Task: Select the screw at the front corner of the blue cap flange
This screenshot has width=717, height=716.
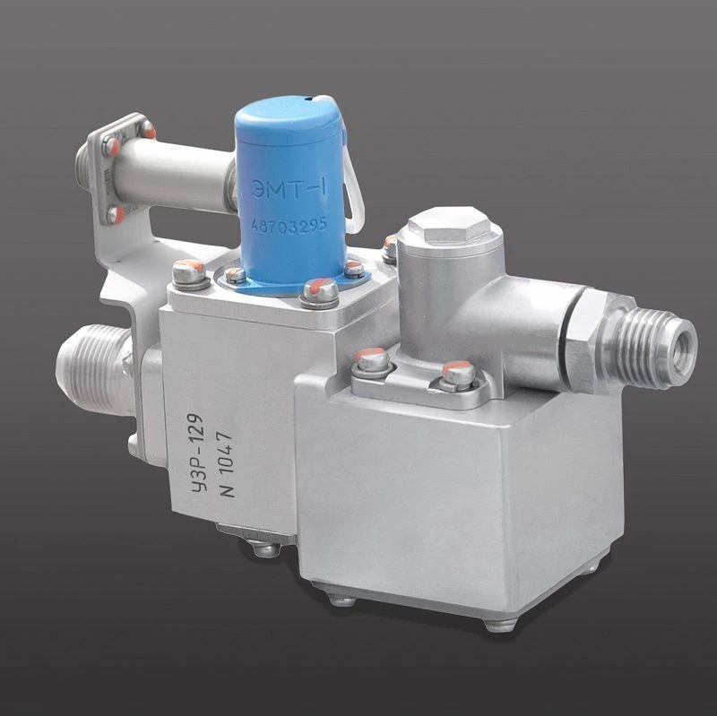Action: point(317,290)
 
